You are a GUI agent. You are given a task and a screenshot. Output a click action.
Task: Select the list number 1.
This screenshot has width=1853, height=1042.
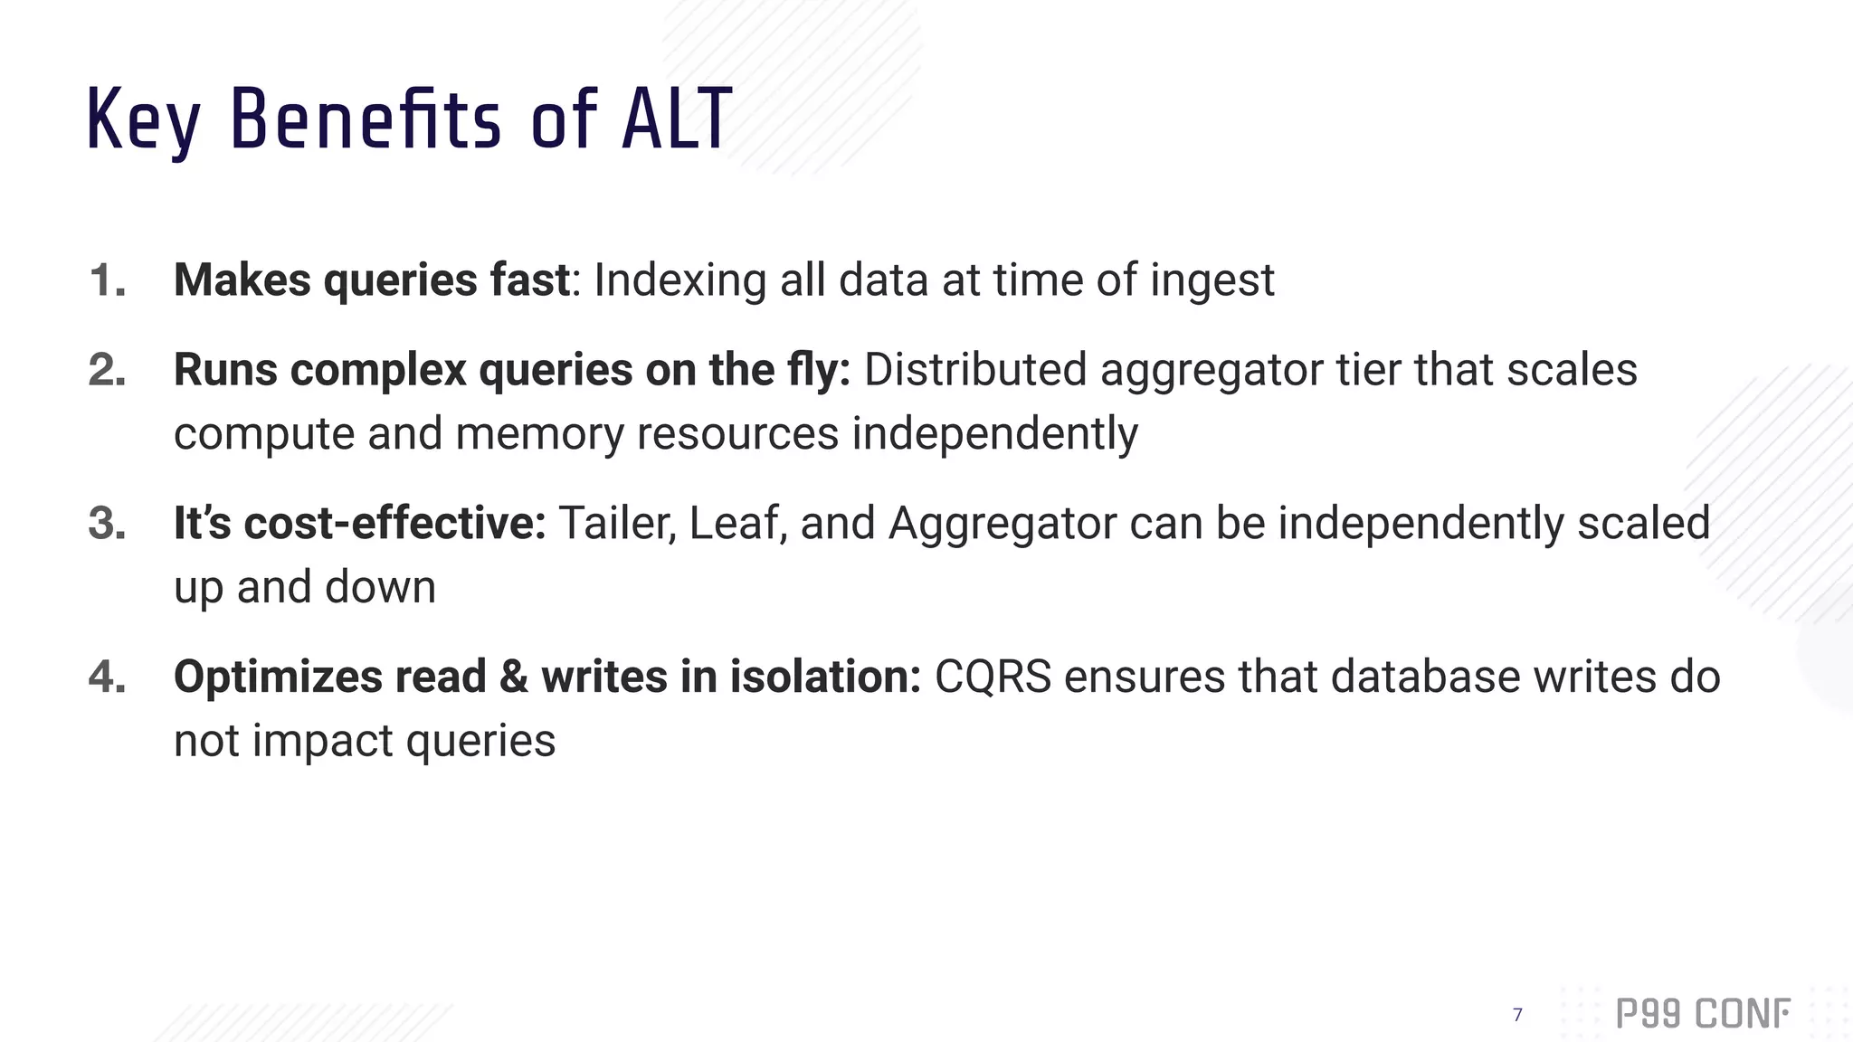pos(107,280)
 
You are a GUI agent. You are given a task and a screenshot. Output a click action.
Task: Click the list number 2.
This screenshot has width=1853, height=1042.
pos(107,371)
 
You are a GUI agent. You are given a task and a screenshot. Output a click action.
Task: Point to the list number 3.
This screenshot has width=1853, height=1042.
pos(107,524)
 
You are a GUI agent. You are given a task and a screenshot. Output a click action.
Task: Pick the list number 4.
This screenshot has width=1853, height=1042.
pos(107,677)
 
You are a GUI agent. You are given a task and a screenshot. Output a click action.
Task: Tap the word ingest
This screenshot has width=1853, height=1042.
pos(1212,280)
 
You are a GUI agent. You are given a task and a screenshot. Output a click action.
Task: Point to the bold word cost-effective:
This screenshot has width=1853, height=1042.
pos(394,524)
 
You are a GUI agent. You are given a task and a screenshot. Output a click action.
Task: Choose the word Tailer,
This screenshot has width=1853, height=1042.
pos(617,524)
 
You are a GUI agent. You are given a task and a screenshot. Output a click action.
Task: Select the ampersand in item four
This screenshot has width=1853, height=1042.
pos(513,677)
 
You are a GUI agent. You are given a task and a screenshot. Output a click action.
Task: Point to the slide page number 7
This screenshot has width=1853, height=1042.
pos(1517,1015)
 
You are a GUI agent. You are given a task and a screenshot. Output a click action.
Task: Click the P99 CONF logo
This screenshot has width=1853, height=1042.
pos(1702,1014)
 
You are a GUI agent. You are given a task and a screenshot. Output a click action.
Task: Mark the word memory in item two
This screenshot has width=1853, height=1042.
pos(539,434)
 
